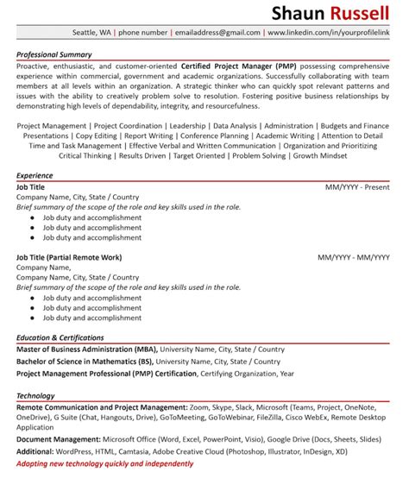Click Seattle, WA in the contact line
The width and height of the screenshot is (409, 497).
point(92,32)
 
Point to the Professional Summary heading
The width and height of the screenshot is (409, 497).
point(54,53)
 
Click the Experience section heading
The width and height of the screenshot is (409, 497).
point(35,175)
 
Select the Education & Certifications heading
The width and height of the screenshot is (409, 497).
point(60,337)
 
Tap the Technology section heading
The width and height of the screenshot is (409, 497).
point(35,395)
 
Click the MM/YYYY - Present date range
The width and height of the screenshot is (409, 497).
point(357,186)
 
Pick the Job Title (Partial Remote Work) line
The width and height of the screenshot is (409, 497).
point(69,257)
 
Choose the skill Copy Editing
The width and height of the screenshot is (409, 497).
point(95,135)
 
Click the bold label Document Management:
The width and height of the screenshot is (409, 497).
point(54,439)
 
